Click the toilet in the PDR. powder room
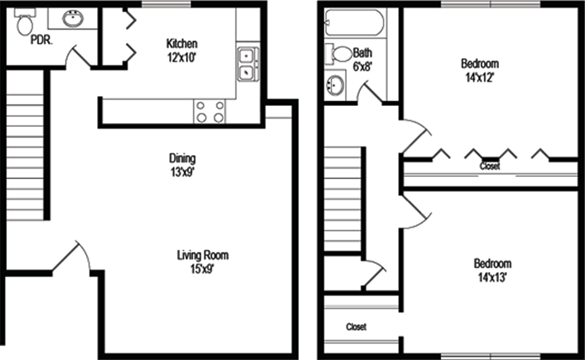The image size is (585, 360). coord(25,21)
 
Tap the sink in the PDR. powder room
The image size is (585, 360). coord(73,19)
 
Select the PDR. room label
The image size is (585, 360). coord(42,40)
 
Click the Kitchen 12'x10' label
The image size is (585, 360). coord(182,50)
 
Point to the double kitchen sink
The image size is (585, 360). coord(247,64)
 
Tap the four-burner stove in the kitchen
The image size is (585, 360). coord(209,112)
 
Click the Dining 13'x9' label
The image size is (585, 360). coord(183,165)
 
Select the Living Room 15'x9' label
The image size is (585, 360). coord(202,262)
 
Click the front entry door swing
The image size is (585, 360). coord(71,258)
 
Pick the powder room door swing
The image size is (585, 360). coord(79,58)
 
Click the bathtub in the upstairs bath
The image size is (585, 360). coord(354,23)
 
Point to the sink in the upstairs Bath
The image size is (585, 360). coord(335,85)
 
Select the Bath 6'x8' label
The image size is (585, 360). coord(362,59)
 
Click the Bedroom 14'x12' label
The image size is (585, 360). coord(480,70)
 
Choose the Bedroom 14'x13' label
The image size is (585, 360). coord(493,270)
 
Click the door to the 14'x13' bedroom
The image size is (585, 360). coord(415,210)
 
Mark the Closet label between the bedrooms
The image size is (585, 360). coord(490,166)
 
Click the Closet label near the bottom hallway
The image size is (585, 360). coord(356,327)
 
